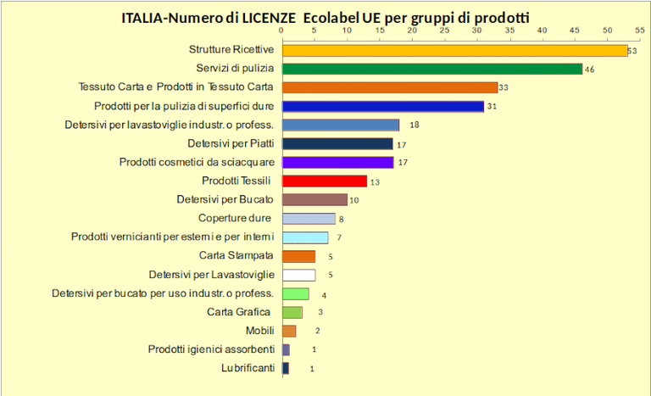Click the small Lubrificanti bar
click(x=285, y=368)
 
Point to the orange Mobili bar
click(x=288, y=331)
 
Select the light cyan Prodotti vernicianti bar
click(x=304, y=237)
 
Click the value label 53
click(x=632, y=51)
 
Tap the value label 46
click(x=589, y=70)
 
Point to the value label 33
click(x=503, y=87)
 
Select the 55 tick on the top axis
click(x=640, y=31)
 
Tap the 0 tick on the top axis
click(x=281, y=31)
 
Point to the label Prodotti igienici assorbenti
click(x=211, y=349)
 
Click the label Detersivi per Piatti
click(x=231, y=143)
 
